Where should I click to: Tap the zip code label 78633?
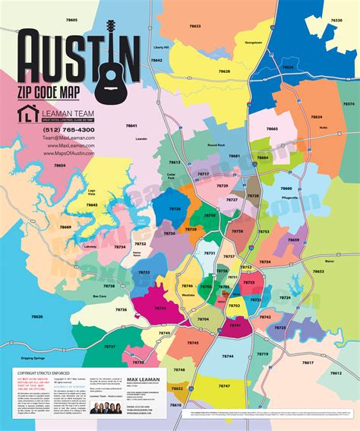point(195,26)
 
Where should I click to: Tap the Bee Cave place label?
point(99,296)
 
